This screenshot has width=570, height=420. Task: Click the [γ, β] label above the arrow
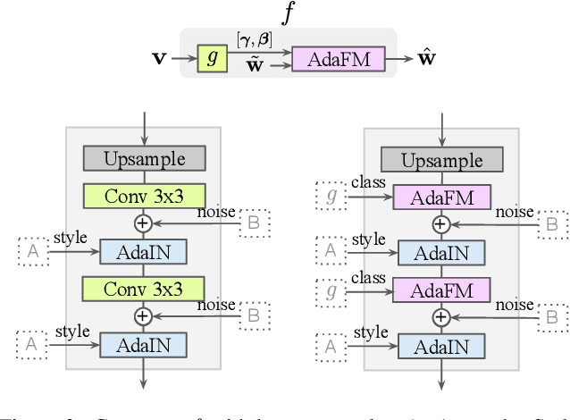coord(256,38)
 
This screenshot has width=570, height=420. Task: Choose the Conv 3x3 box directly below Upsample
coord(144,196)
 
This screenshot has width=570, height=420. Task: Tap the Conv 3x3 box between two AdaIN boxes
coord(144,288)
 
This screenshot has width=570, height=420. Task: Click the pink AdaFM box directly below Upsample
coord(441,196)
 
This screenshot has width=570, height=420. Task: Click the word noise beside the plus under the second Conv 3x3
coord(217,305)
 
